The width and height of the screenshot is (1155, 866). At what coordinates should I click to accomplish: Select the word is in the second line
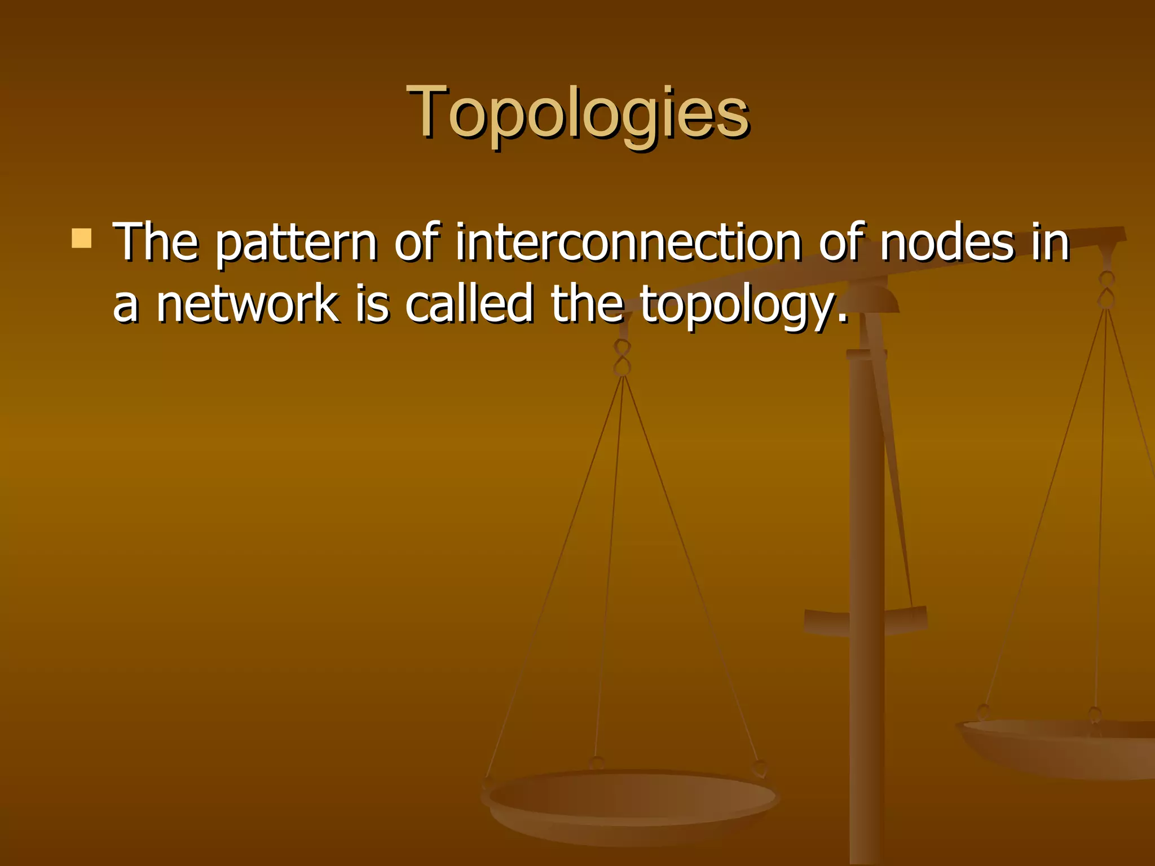[x=372, y=304]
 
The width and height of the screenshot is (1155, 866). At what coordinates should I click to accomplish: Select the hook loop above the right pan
[x=1106, y=290]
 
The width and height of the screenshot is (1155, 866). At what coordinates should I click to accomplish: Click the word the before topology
[x=587, y=304]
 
